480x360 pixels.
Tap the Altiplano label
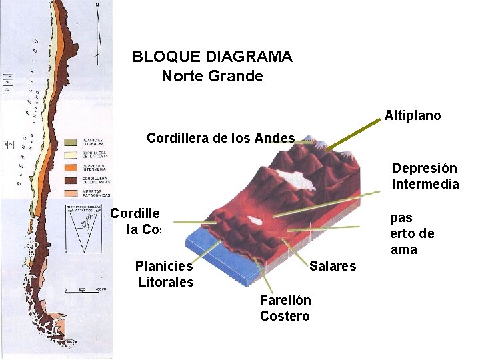tap(412, 115)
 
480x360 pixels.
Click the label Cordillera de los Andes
tap(221, 139)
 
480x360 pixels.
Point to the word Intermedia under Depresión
tap(425, 184)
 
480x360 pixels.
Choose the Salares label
tap(333, 267)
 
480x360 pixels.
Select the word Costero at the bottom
tap(285, 316)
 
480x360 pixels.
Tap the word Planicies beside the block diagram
tap(163, 266)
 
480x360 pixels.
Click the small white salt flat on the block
tap(253, 220)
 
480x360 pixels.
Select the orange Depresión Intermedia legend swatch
tap(69, 167)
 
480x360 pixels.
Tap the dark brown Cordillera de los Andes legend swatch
tap(69, 179)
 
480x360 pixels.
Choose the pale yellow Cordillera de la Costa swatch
tap(69, 155)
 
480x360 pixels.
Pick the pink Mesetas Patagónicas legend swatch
tap(69, 192)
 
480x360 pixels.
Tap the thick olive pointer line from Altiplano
tap(353, 131)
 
